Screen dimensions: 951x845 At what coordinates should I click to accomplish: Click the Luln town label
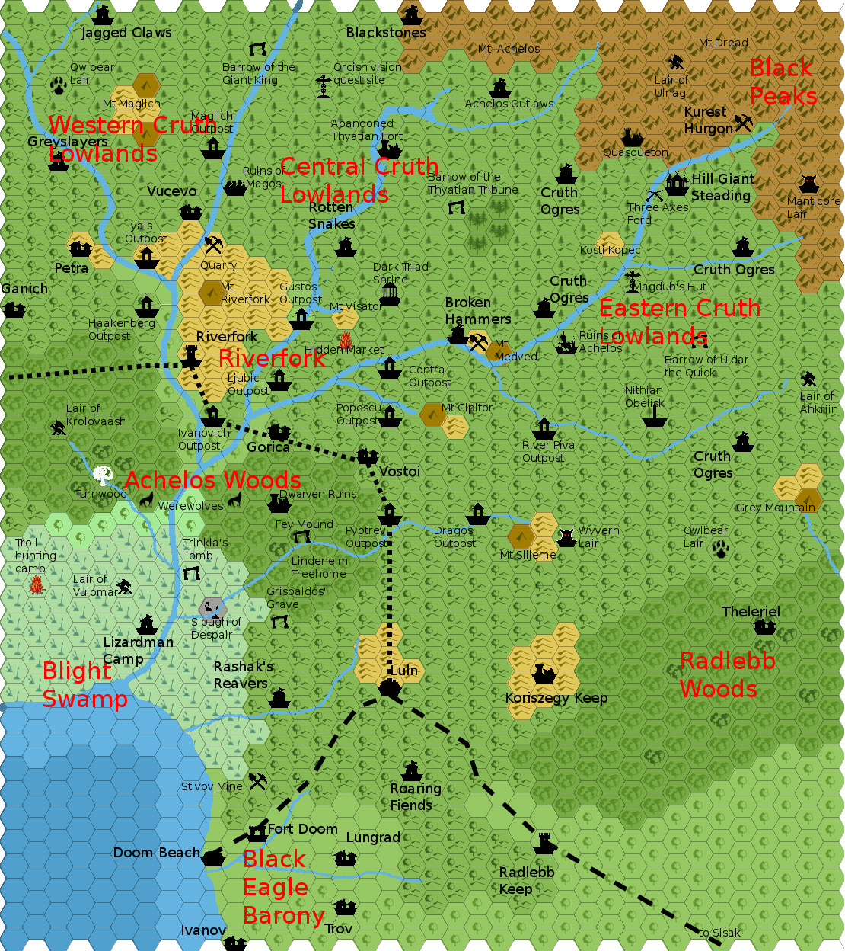[404, 671]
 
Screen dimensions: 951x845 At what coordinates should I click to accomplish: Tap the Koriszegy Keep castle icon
[544, 674]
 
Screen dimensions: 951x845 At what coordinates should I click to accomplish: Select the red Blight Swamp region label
[84, 684]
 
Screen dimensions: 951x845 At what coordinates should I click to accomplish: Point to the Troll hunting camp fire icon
[35, 585]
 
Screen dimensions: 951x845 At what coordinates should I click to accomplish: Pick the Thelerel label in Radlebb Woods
[751, 612]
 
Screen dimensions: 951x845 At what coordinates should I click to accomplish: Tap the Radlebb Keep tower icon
[544, 843]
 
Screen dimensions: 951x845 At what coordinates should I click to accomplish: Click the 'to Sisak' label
[719, 933]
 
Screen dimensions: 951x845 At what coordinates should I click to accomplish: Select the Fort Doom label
[302, 829]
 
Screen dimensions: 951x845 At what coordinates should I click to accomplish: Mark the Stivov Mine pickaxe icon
[258, 781]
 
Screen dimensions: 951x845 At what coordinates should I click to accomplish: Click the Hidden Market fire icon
[345, 339]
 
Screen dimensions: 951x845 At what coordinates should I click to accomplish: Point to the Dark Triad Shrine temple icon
[389, 294]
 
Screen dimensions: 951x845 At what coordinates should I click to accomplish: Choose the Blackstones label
[386, 33]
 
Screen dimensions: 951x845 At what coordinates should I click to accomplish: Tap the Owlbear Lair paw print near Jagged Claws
[59, 84]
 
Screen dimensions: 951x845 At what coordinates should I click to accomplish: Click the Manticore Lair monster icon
[808, 184]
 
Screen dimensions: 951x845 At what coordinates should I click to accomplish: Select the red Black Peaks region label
[783, 82]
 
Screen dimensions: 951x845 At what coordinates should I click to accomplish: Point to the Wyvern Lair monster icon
[566, 537]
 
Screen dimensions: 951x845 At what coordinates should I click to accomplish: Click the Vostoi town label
[400, 472]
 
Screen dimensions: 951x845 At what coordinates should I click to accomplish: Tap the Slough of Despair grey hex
[212, 607]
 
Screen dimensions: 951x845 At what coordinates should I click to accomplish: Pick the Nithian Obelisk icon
[655, 418]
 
